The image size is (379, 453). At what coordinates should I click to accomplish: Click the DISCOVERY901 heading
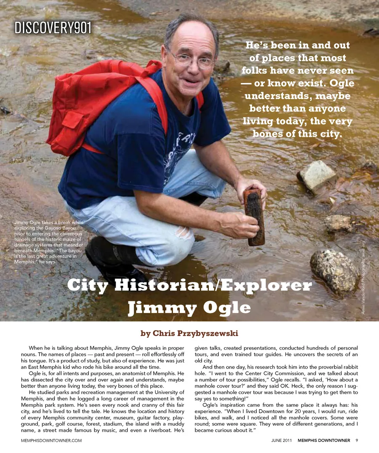pyautogui.click(x=53, y=28)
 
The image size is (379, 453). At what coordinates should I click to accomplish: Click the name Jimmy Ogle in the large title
pyautogui.click(x=189, y=308)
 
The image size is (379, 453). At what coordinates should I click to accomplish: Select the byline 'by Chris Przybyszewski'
pyautogui.click(x=189, y=333)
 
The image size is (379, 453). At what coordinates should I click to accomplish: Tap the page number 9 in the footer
pyautogui.click(x=356, y=440)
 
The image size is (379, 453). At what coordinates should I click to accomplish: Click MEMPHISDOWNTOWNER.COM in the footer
pyautogui.click(x=51, y=440)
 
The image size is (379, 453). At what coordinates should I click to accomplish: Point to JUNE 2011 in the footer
pyautogui.click(x=281, y=440)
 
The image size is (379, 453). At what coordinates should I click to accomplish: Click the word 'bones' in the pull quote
pyautogui.click(x=268, y=134)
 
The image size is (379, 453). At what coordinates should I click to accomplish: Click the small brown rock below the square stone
pyautogui.click(x=338, y=223)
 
